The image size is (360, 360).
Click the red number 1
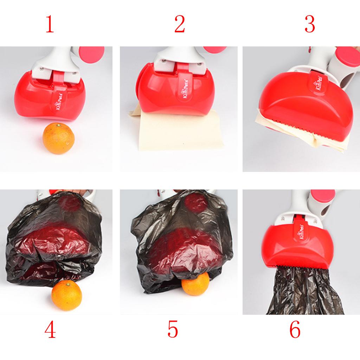tap(50, 24)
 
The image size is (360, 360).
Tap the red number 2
tap(180, 24)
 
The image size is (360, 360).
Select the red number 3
tap(310, 24)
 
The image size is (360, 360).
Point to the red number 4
tap(50, 329)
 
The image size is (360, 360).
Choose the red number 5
tap(173, 329)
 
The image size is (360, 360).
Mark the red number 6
tap(295, 329)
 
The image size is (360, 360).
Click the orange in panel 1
tap(59, 138)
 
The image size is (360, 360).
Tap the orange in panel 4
tap(66, 295)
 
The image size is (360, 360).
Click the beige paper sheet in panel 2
tap(179, 131)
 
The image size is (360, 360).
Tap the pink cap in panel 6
tap(323, 196)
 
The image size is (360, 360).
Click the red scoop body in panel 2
tap(177, 92)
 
